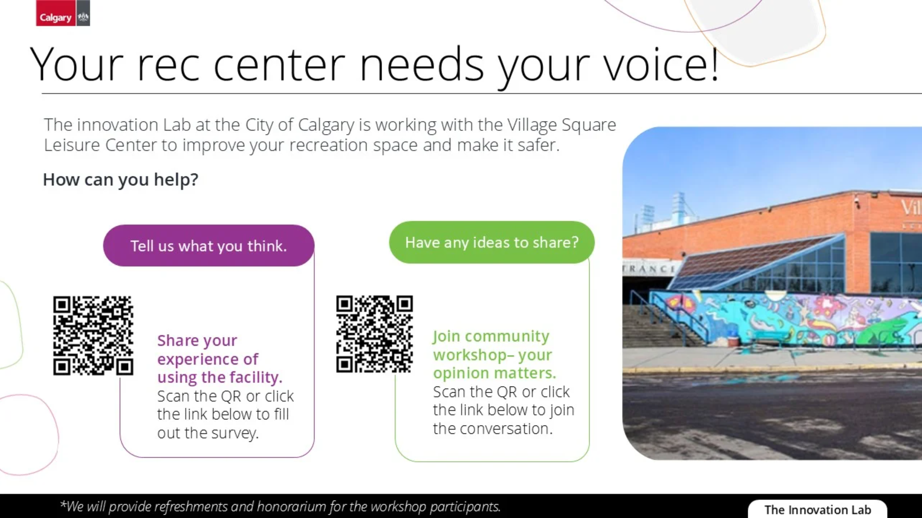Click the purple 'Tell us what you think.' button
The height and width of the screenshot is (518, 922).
point(208,246)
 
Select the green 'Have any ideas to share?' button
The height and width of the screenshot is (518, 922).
point(492,242)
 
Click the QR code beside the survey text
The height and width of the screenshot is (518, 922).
point(93,336)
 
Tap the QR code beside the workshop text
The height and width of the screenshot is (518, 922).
point(374,334)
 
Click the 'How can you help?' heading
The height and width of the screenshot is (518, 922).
point(120,180)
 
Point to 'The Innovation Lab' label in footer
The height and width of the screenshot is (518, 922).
point(818,509)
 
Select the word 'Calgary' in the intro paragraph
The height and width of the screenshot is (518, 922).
point(326,125)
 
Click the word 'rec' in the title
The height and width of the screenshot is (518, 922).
point(168,65)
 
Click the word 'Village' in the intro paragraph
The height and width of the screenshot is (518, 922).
point(532,125)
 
